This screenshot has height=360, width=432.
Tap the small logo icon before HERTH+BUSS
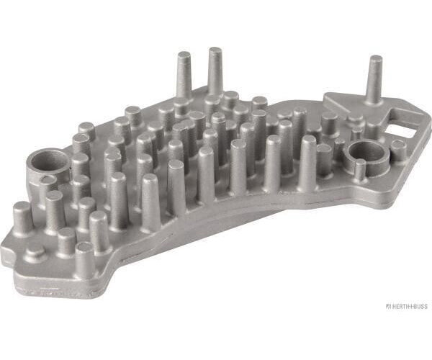pyautogui.click(x=389, y=306)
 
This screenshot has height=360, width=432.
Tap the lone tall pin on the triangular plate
pyautogui.click(x=374, y=81)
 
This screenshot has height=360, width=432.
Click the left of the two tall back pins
pyautogui.click(x=184, y=75)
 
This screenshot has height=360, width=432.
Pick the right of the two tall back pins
pyautogui.click(x=215, y=72)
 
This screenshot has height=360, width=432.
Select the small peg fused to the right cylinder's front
pyautogui.click(x=360, y=170)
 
